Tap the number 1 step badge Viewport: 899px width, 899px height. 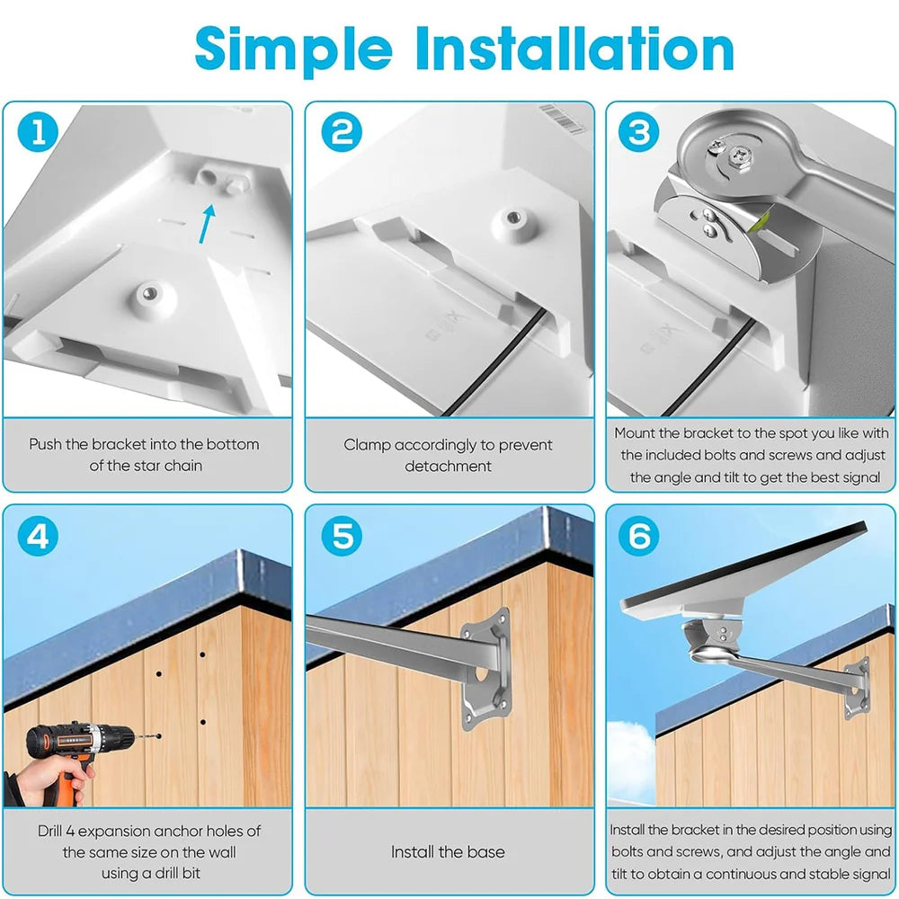[x=38, y=131]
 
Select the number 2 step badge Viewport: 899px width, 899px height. [x=342, y=131]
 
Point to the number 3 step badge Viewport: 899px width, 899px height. [x=639, y=131]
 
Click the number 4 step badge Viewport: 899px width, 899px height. [x=38, y=536]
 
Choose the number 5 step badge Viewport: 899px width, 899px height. [x=342, y=536]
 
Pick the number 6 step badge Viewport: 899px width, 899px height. [x=639, y=536]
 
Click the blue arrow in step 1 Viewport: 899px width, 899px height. [x=207, y=224]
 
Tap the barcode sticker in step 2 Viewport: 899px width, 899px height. [x=563, y=118]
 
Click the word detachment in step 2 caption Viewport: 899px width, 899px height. [x=448, y=466]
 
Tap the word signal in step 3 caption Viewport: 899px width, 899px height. [x=855, y=477]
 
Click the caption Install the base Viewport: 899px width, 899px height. [x=448, y=851]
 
